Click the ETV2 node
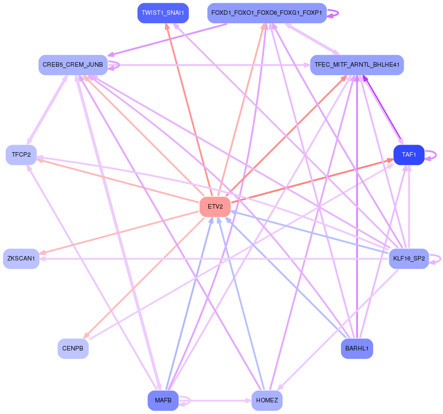point(215,206)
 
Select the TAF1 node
point(409,155)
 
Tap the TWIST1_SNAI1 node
point(163,13)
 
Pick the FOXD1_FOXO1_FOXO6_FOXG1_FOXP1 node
point(267,13)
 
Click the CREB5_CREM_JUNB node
point(73,65)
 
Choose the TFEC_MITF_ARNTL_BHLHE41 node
point(357,65)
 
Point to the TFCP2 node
point(21,155)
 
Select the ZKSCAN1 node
point(21,259)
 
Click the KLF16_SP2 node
point(409,259)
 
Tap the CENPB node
point(73,349)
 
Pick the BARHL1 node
point(357,349)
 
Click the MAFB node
point(163,401)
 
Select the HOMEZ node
point(267,401)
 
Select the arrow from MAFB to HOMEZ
point(215,401)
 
